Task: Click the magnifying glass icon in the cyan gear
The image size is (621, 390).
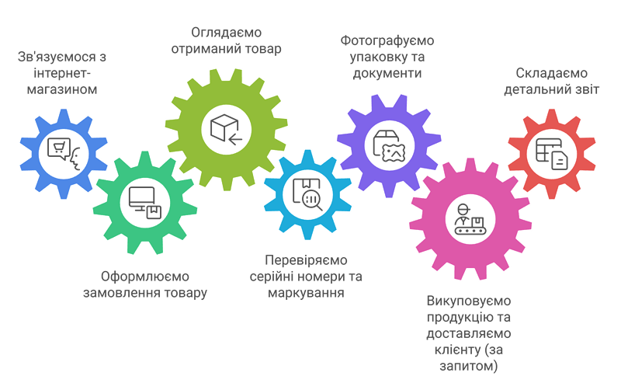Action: tap(312, 200)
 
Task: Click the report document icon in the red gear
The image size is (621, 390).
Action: tap(552, 154)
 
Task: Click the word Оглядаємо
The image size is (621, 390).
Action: tap(226, 32)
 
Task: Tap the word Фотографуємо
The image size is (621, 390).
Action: tap(387, 40)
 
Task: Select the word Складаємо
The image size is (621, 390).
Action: tap(551, 73)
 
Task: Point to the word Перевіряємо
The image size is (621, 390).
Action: tap(306, 260)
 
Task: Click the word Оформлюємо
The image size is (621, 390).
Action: tap(145, 277)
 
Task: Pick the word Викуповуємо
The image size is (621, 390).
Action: tap(469, 301)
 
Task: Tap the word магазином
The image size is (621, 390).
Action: tap(62, 89)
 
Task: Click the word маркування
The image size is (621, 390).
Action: tap(306, 293)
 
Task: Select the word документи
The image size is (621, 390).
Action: tap(387, 74)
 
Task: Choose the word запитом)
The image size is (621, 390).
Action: tap(469, 366)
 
